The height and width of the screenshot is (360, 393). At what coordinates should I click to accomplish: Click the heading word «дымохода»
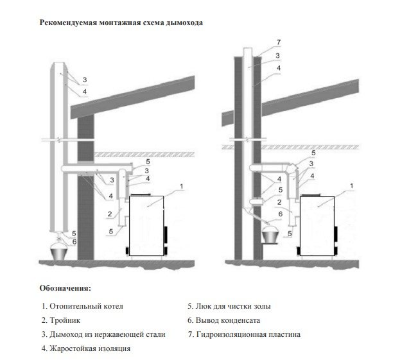coord(184,23)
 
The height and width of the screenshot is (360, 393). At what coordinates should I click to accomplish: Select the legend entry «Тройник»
coord(62,320)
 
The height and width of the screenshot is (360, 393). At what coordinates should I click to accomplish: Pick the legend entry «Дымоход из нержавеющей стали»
coord(103,334)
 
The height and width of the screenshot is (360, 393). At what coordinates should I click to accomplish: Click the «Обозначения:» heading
coord(65,287)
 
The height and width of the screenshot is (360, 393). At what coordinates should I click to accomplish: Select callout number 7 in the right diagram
coord(278,42)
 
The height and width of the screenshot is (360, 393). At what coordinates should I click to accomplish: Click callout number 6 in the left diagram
coord(74,241)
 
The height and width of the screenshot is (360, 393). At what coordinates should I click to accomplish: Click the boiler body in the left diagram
coord(148,225)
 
